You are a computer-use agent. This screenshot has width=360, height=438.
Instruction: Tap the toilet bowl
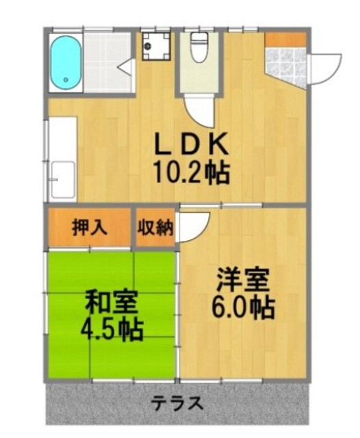[x=200, y=52]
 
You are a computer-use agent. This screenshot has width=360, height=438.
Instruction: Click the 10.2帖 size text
[x=190, y=172]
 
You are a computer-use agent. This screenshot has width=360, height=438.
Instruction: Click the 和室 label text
[x=111, y=301]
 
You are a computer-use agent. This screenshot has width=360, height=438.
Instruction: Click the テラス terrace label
[x=177, y=403]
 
